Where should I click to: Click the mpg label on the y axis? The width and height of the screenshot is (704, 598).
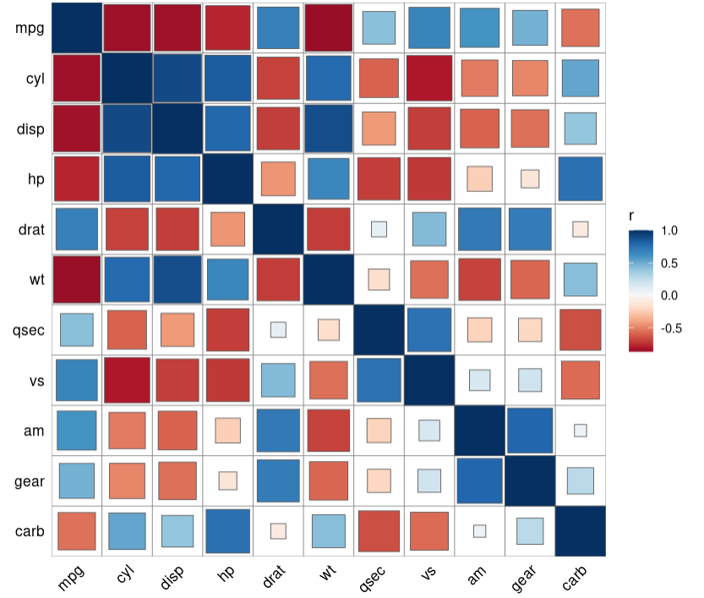tap(30, 28)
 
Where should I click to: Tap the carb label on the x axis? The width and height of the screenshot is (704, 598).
tap(578, 574)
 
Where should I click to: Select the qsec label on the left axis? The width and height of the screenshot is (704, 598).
tap(28, 330)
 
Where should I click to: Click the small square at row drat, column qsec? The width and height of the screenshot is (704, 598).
tap(379, 228)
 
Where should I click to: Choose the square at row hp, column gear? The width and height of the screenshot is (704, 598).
tap(530, 178)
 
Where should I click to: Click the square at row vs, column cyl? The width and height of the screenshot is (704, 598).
tap(127, 380)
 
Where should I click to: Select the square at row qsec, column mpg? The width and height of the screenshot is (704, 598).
tap(76, 330)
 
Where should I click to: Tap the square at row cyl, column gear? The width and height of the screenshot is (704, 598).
tap(530, 78)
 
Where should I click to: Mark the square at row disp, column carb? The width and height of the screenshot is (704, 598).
tap(580, 129)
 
